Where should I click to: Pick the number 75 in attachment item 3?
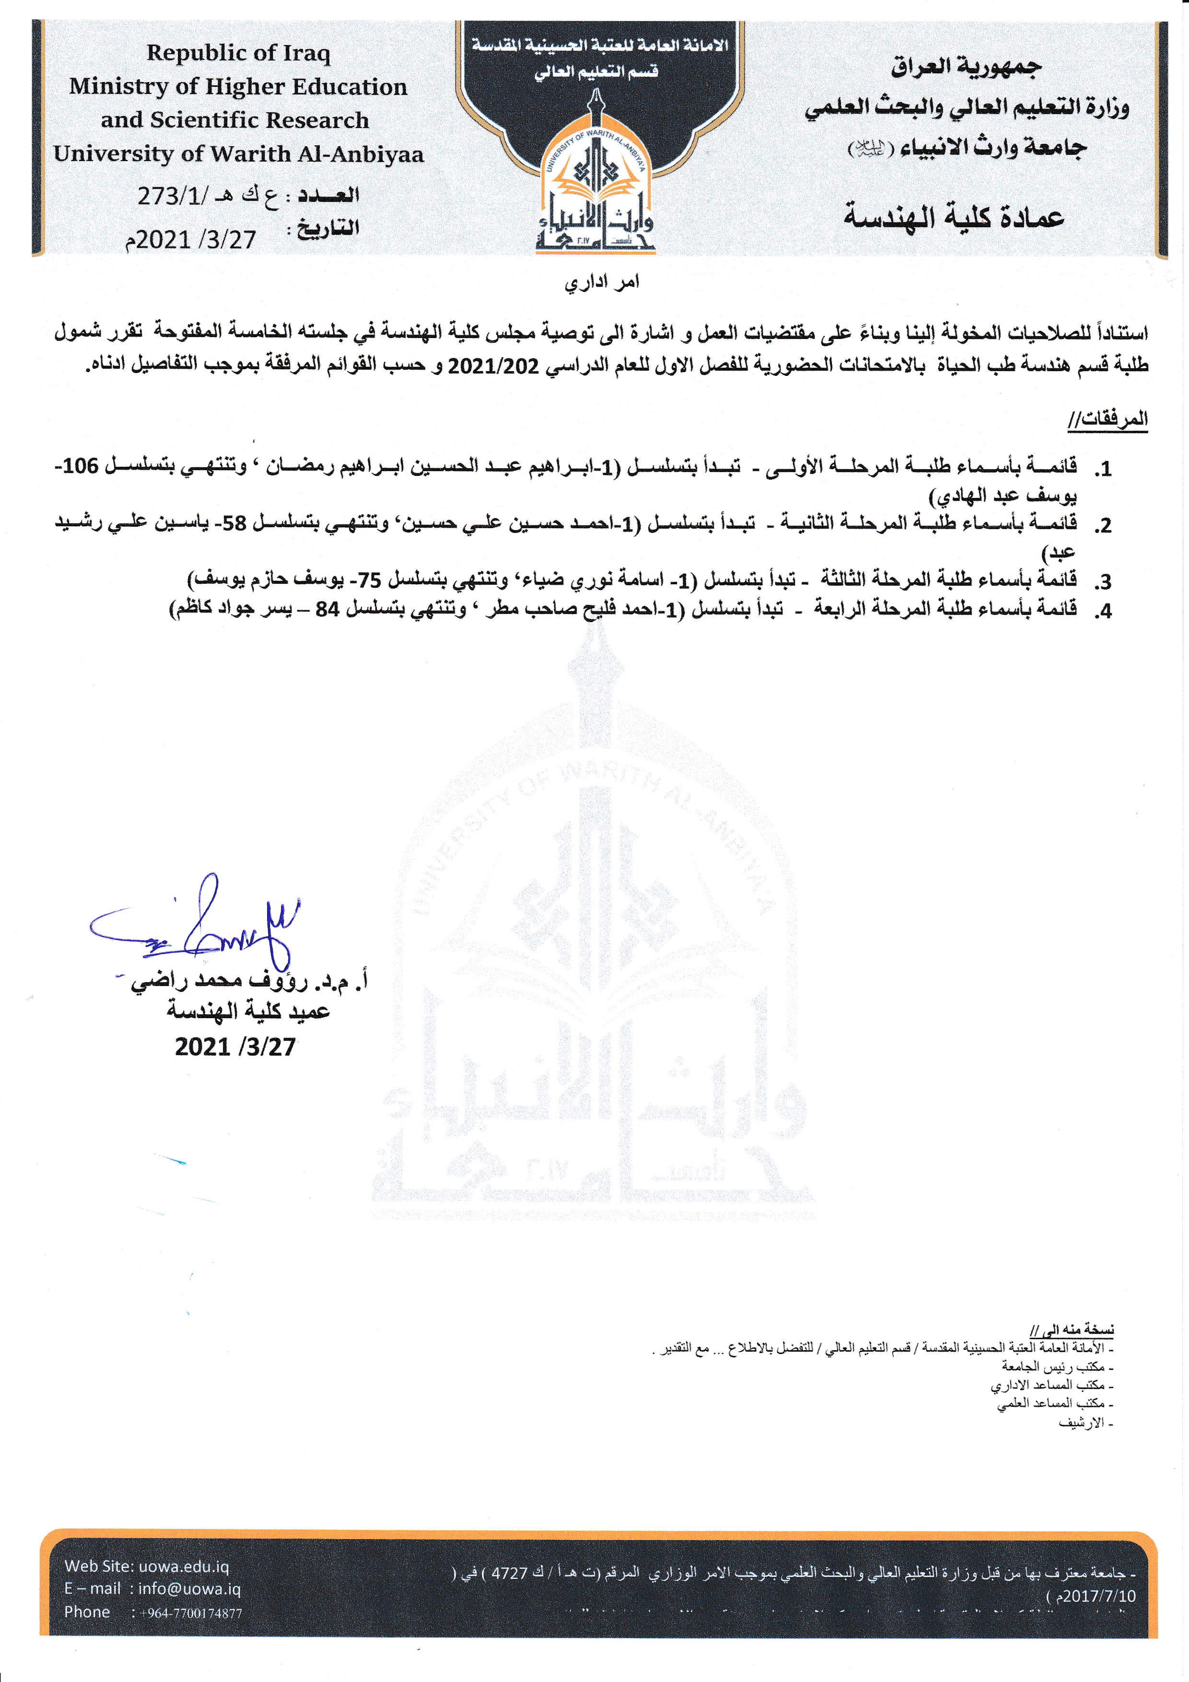click(x=369, y=580)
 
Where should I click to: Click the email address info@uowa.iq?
click(x=189, y=1589)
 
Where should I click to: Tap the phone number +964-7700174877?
click(x=191, y=1612)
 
